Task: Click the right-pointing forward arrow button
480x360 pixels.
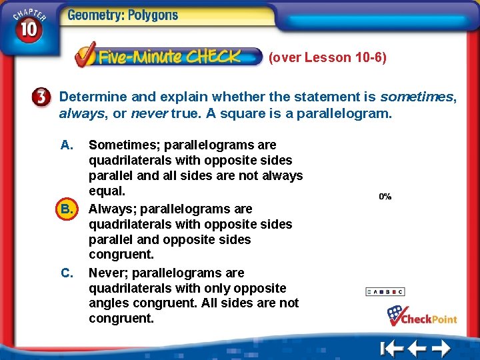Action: pyautogui.click(x=441, y=348)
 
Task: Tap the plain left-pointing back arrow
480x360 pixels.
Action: pyautogui.click(x=417, y=348)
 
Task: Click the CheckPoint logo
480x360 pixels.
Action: pyautogui.click(x=422, y=316)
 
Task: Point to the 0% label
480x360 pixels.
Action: pyautogui.click(x=385, y=197)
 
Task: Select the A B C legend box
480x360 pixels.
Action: pyautogui.click(x=385, y=291)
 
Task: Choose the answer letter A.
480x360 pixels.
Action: pyautogui.click(x=66, y=145)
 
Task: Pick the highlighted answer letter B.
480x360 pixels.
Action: pyautogui.click(x=66, y=209)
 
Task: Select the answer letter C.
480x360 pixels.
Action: pyautogui.click(x=67, y=273)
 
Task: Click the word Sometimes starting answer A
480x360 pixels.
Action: pyautogui.click(x=124, y=145)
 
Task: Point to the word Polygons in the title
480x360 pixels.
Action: pyautogui.click(x=152, y=15)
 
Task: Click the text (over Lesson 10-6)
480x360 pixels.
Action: pyautogui.click(x=327, y=57)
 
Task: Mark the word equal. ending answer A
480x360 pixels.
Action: pyautogui.click(x=107, y=191)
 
